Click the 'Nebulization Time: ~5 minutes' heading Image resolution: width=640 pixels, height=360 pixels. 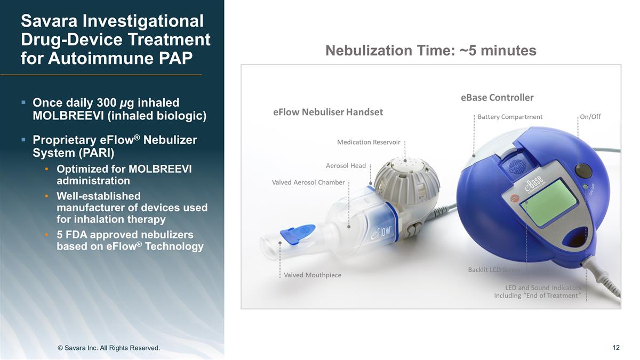[430, 51]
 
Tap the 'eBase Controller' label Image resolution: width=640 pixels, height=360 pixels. [497, 98]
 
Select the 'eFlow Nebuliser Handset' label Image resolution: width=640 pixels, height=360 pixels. [327, 112]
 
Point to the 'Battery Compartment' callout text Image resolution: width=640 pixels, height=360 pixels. [510, 117]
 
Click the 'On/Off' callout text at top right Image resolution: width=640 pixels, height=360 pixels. [590, 117]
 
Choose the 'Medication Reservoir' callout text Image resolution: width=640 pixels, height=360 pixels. [369, 142]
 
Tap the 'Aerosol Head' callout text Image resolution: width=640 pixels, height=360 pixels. [346, 165]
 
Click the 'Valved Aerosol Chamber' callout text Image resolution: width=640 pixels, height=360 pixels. [308, 182]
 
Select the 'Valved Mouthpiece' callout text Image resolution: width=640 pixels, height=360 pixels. [313, 275]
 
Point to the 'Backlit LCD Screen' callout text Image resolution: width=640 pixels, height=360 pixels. [495, 269]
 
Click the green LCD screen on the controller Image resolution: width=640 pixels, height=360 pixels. [548, 202]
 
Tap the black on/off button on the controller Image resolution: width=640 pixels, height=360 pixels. [583, 171]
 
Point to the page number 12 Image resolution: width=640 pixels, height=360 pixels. [616, 348]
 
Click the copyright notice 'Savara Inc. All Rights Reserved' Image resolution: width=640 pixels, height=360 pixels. [108, 348]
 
